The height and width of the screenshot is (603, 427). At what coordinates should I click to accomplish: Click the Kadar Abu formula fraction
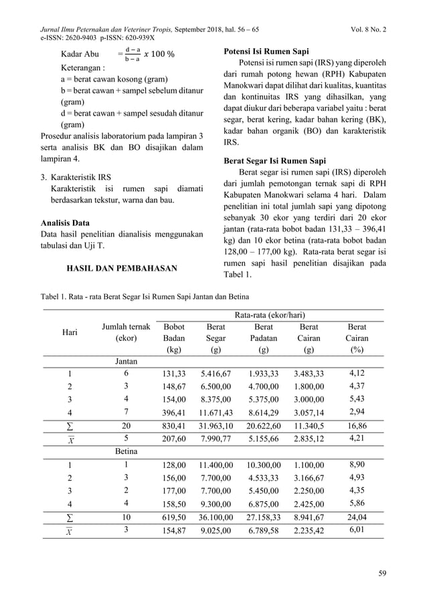click(133, 53)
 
